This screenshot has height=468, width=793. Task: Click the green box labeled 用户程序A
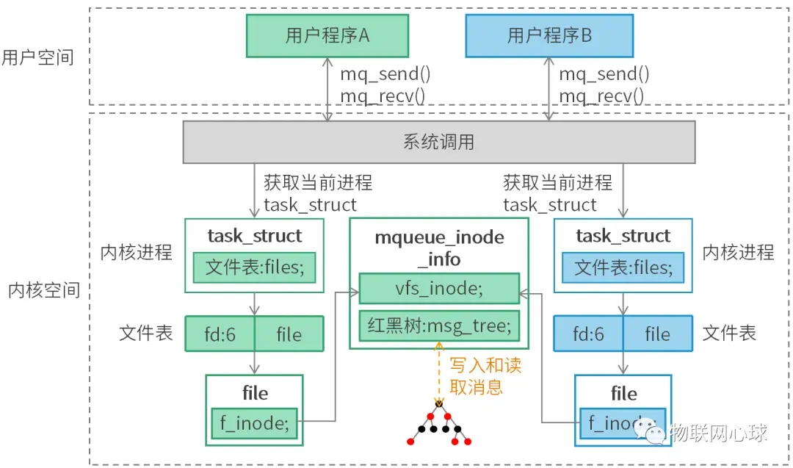coord(327,36)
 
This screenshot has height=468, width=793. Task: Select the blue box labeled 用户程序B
coord(549,36)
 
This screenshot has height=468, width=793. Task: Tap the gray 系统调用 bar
coord(438,142)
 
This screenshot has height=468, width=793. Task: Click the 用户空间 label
coord(37,58)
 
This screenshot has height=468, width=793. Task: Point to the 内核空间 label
coord(43,290)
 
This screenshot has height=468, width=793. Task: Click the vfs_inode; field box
coord(439,289)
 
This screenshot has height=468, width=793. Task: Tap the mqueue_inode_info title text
coord(439,248)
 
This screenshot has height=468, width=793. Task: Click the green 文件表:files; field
coord(254,267)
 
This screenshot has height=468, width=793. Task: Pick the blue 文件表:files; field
coord(623,267)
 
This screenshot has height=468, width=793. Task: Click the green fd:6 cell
coord(220,335)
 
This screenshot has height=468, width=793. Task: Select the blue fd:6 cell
coord(588,335)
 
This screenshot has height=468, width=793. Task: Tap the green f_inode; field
coord(254,422)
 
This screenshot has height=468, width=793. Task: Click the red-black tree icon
coord(439,426)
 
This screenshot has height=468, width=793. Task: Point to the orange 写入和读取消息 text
coord(485,376)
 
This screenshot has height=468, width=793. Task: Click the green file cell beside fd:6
coord(289,335)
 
